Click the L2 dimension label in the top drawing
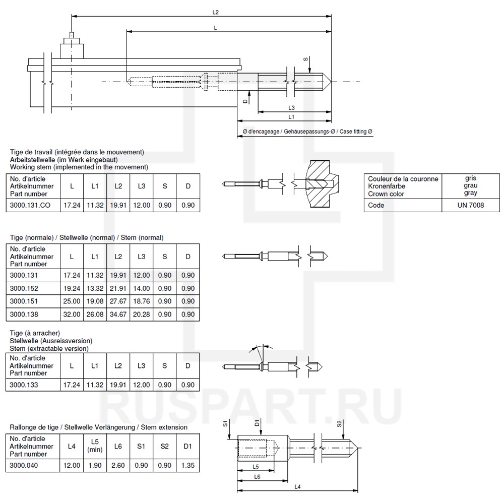216,12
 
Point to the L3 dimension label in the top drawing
292,108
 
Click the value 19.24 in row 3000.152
72,288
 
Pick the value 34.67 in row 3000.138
118,314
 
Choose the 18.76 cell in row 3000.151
142,301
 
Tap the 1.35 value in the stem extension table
188,465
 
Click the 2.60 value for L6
118,465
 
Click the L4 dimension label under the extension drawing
297,486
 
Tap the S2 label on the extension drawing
339,424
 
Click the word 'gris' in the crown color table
471,178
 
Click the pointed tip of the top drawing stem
330,81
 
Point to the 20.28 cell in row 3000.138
142,314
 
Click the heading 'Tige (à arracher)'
35,333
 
